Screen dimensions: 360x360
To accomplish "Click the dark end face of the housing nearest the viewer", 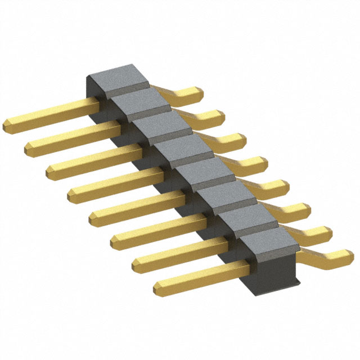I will (270, 267).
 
